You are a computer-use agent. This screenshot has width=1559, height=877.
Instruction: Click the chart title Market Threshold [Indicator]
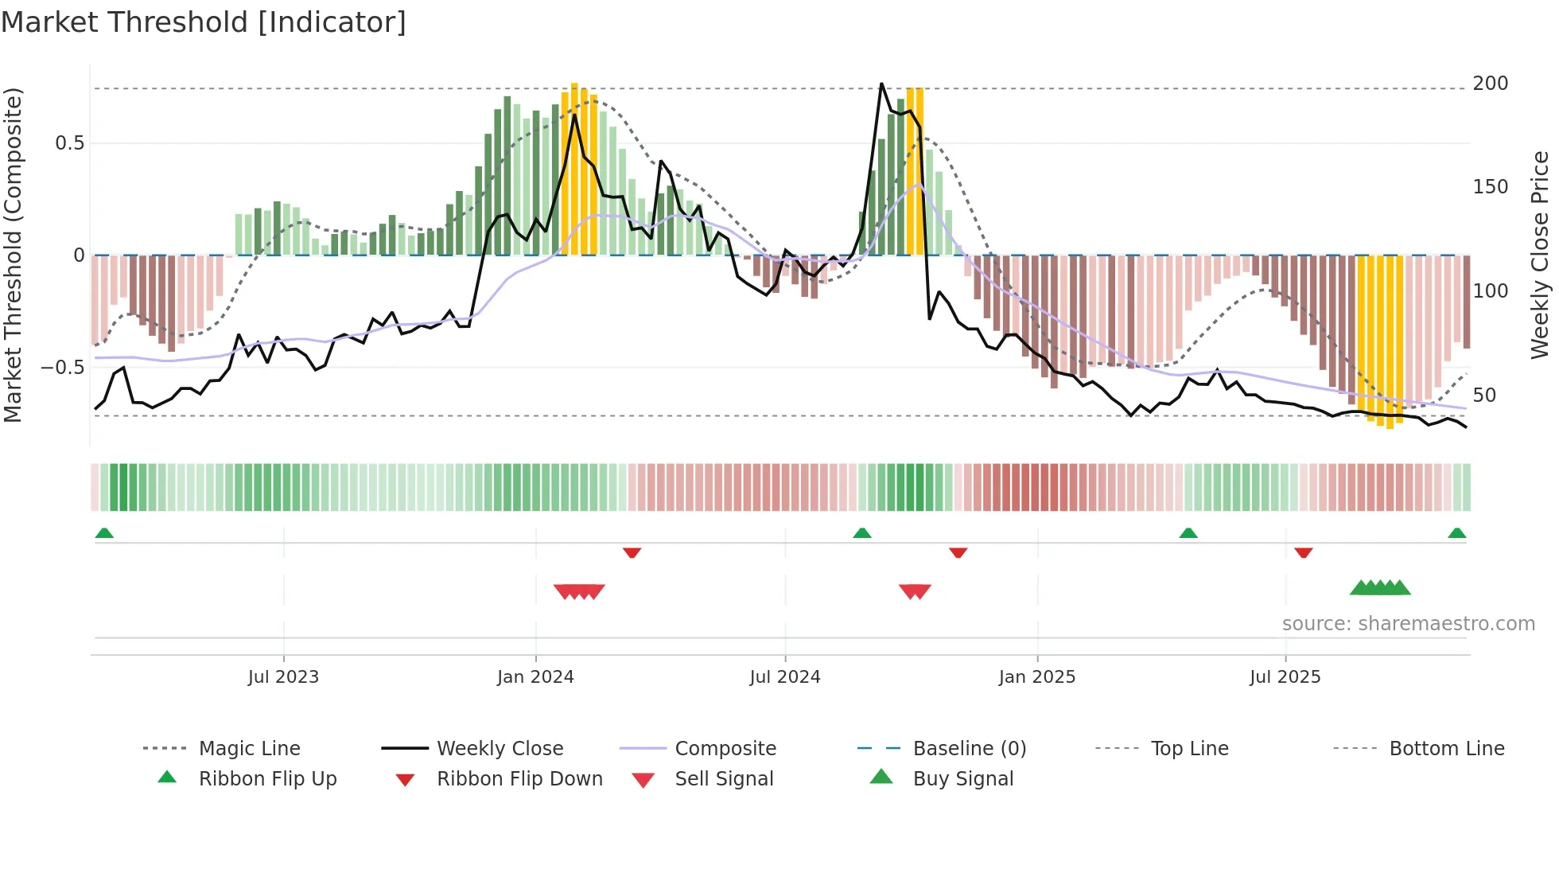coord(204,22)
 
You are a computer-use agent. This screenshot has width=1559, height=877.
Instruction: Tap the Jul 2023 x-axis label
coord(283,677)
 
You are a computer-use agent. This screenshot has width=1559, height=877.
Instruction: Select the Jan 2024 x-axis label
coord(535,677)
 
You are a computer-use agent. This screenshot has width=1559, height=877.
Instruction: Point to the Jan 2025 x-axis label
coord(1036,677)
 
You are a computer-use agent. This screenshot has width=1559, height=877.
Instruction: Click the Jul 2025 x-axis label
coord(1285,677)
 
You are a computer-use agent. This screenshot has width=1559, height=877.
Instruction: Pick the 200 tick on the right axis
coord(1490,84)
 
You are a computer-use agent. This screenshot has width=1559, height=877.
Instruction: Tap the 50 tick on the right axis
coord(1484,396)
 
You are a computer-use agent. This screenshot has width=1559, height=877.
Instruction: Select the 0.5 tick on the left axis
coord(69,143)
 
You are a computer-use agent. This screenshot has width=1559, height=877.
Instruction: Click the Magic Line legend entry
coord(249,749)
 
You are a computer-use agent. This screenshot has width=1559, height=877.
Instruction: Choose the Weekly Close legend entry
coord(500,749)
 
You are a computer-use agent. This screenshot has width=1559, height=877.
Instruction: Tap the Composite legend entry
coord(725,749)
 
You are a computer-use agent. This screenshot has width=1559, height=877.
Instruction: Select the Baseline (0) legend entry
coord(969,749)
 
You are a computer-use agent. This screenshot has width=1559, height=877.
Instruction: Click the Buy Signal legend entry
coord(962,779)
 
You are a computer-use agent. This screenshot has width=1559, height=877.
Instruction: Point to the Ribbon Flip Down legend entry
coord(519,779)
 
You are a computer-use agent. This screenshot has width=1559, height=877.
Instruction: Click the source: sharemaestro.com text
coord(1408,624)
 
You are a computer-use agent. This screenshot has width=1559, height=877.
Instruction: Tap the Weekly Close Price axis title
coord(1540,255)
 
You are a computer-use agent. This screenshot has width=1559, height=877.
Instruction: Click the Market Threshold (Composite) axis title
coord(13,255)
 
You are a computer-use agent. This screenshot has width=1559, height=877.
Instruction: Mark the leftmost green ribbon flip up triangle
coord(104,533)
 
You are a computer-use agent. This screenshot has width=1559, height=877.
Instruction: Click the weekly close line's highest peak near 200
coord(881,84)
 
